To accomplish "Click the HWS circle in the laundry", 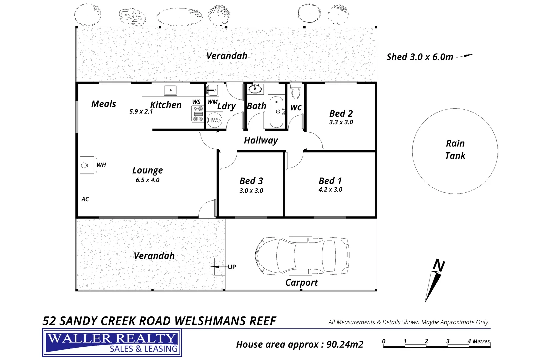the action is pyautogui.click(x=214, y=120).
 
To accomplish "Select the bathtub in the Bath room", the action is pyautogui.click(x=276, y=112).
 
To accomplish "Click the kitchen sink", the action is pyautogui.click(x=170, y=90).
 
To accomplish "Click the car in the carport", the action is pyautogui.click(x=302, y=256).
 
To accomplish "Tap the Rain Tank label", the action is pyautogui.click(x=455, y=149).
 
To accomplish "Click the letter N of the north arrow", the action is pyautogui.click(x=439, y=265).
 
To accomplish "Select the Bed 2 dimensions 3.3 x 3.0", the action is pyautogui.click(x=341, y=122).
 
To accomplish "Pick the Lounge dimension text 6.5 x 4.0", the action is pyautogui.click(x=148, y=180).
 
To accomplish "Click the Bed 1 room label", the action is pyautogui.click(x=330, y=181).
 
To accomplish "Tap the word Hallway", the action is pyautogui.click(x=261, y=140).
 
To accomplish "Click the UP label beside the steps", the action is pyautogui.click(x=232, y=267).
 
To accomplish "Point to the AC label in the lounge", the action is pyautogui.click(x=85, y=199).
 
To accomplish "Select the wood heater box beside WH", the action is pyautogui.click(x=87, y=165).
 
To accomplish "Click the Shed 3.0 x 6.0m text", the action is pyautogui.click(x=420, y=57).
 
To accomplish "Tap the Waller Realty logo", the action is pyautogui.click(x=112, y=343).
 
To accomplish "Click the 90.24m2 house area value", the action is pyautogui.click(x=345, y=344).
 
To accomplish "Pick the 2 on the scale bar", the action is pyautogui.click(x=426, y=341).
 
